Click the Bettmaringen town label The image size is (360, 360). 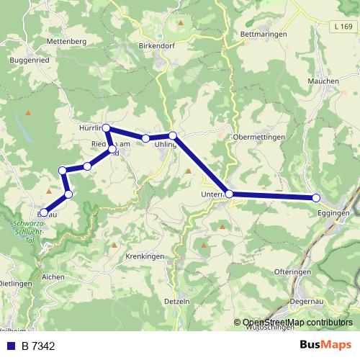264,34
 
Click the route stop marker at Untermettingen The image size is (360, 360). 229,194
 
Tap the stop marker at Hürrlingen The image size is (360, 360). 106,128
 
